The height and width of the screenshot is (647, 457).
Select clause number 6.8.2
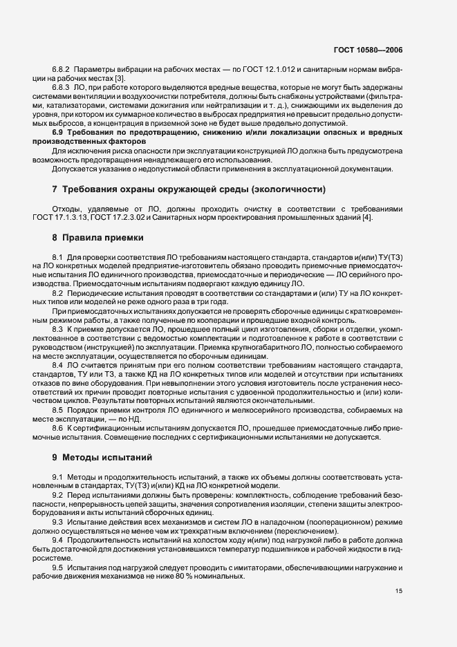pyautogui.click(x=61, y=71)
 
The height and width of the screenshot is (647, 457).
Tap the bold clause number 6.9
pyautogui.click(x=59, y=131)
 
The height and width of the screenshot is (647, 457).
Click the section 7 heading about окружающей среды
pyautogui.click(x=194, y=189)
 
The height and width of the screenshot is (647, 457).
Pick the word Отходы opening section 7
pyautogui.click(x=67, y=208)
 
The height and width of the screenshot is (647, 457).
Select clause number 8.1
pyautogui.click(x=58, y=257)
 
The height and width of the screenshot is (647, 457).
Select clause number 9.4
pyautogui.click(x=58, y=538)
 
